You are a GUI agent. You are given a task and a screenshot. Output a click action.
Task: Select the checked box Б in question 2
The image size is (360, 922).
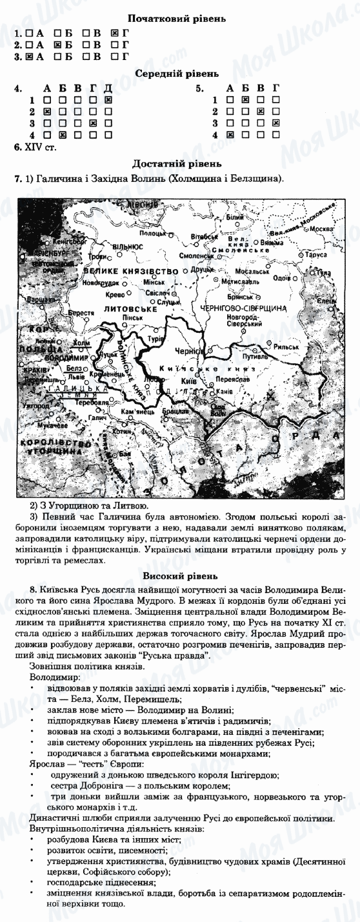(57, 45)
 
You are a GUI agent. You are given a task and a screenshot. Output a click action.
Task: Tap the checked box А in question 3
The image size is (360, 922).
(28, 57)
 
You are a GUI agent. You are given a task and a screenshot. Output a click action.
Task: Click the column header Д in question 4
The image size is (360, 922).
(108, 88)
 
